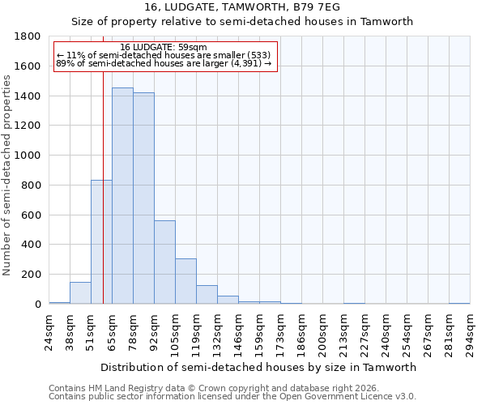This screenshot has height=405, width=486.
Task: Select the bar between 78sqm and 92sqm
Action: (x=143, y=198)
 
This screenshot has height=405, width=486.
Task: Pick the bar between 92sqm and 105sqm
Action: (x=164, y=262)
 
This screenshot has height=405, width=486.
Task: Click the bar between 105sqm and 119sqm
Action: (x=185, y=281)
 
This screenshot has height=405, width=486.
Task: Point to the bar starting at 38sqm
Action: (x=80, y=293)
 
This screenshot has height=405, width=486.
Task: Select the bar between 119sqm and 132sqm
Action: (x=207, y=295)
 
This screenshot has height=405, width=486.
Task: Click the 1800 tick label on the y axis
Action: (x=28, y=36)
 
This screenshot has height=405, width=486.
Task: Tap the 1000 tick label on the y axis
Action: (x=28, y=156)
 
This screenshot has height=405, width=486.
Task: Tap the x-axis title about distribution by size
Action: (x=258, y=367)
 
